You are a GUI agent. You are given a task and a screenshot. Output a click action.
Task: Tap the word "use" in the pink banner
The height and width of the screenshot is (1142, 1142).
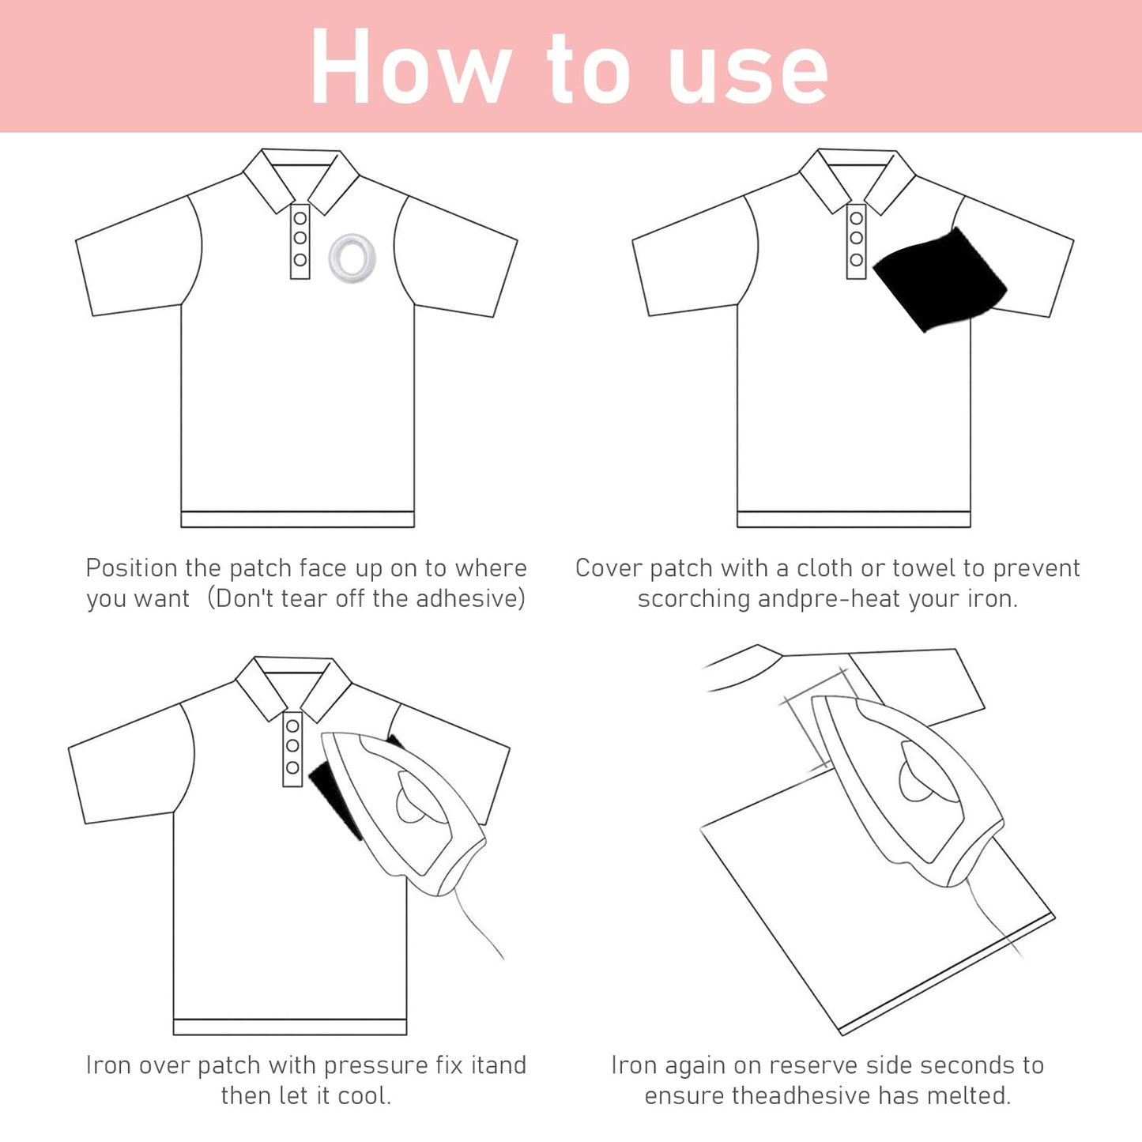pos(748,75)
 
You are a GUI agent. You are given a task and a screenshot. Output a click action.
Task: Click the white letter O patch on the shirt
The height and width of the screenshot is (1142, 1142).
pos(352,258)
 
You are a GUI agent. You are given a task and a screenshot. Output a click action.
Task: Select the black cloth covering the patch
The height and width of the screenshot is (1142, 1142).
pos(940,279)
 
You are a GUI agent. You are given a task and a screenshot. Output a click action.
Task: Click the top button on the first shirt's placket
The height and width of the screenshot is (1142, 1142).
pos(300,218)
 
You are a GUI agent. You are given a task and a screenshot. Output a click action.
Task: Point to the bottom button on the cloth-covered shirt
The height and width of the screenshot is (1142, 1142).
pos(857,259)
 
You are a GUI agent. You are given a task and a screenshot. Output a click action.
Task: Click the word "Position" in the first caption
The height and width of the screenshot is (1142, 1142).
pos(131,568)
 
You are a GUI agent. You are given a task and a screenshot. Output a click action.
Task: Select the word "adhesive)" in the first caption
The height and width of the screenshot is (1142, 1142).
pos(470,598)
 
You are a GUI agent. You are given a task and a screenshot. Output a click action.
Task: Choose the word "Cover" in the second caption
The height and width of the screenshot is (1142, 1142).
pos(609,568)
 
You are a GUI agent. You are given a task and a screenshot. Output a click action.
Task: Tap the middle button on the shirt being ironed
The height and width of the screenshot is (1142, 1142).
pos(292,745)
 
